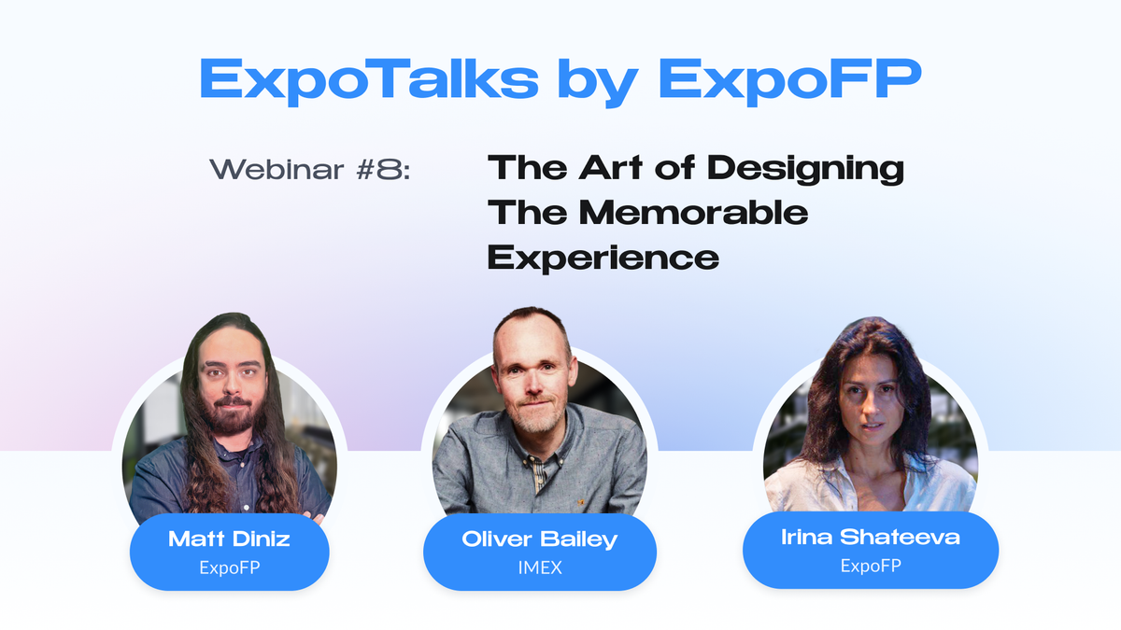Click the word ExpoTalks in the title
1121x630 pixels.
368,79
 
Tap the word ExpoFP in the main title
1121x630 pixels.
790,79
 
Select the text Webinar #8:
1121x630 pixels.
309,170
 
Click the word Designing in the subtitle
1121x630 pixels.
805,169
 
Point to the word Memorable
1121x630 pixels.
693,212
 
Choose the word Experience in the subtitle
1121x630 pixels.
603,256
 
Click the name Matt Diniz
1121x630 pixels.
229,539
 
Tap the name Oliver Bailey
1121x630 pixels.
540,539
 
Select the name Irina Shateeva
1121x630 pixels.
870,537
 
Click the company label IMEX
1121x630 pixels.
540,567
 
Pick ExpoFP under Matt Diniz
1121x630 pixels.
229,567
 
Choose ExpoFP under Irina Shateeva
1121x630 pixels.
870,565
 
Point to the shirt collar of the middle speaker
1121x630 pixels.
540,446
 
